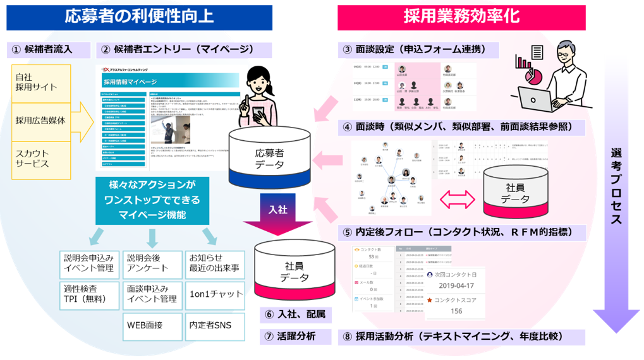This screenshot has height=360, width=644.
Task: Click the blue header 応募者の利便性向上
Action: tap(139, 17)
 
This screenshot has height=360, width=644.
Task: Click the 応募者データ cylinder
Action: tap(269, 158)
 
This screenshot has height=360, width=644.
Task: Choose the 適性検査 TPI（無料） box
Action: tap(89, 293)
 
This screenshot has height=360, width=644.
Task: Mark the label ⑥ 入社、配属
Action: tap(296, 314)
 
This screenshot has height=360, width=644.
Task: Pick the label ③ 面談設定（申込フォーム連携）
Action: tap(420, 50)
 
